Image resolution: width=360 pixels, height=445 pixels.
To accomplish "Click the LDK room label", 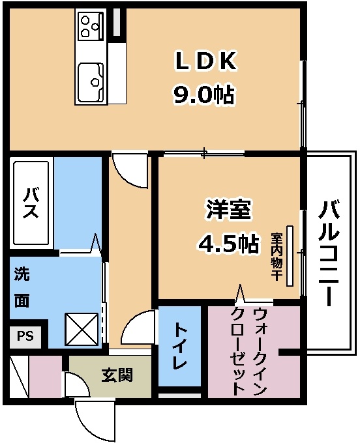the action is (x=205, y=61).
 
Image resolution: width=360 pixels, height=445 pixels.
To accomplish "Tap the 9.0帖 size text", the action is (x=203, y=95).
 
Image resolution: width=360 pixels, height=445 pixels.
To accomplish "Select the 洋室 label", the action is (x=229, y=210).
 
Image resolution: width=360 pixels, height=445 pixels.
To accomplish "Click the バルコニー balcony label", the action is (x=329, y=253).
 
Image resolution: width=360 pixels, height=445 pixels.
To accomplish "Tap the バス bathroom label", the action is (x=31, y=203).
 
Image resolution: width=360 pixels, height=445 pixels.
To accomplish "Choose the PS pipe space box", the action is (x=25, y=337).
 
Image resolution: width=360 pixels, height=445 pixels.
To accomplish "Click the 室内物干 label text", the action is (x=276, y=257).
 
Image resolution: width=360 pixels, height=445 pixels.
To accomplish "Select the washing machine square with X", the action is (x=82, y=329).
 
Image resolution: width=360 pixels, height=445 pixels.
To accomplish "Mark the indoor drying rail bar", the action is (x=290, y=255).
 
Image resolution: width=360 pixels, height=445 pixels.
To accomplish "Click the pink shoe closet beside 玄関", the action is (x=46, y=376).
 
